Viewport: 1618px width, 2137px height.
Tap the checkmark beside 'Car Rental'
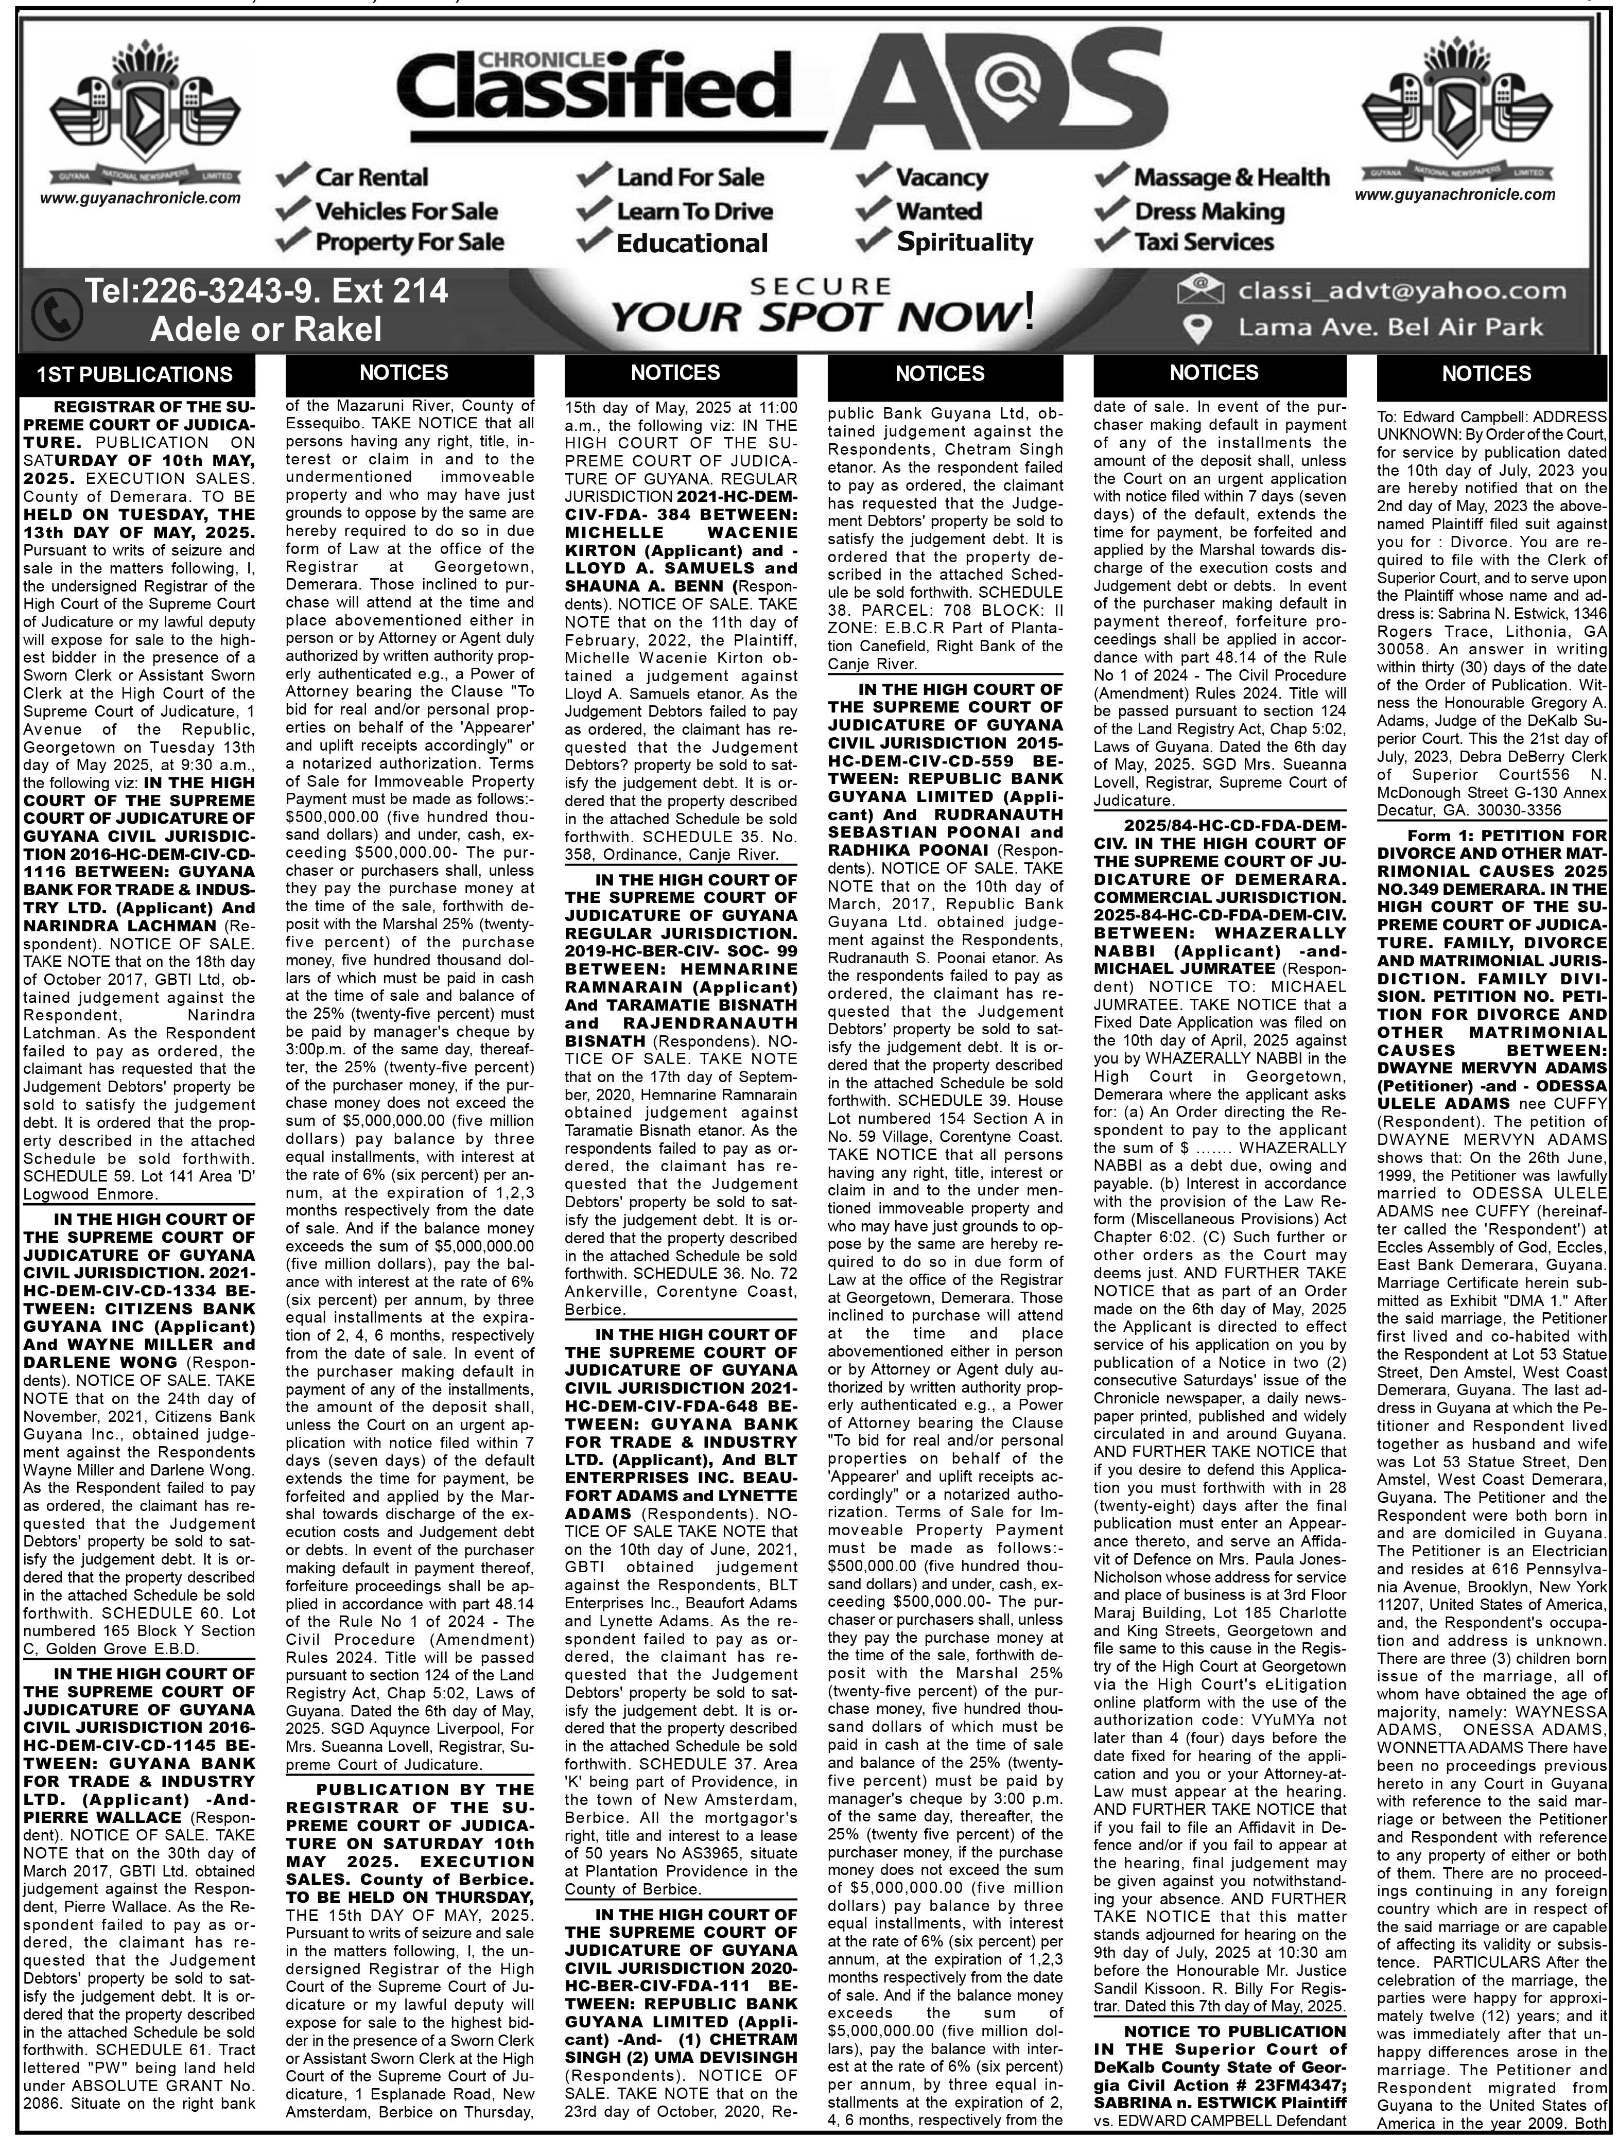292,177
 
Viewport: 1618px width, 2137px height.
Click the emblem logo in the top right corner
1456,106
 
